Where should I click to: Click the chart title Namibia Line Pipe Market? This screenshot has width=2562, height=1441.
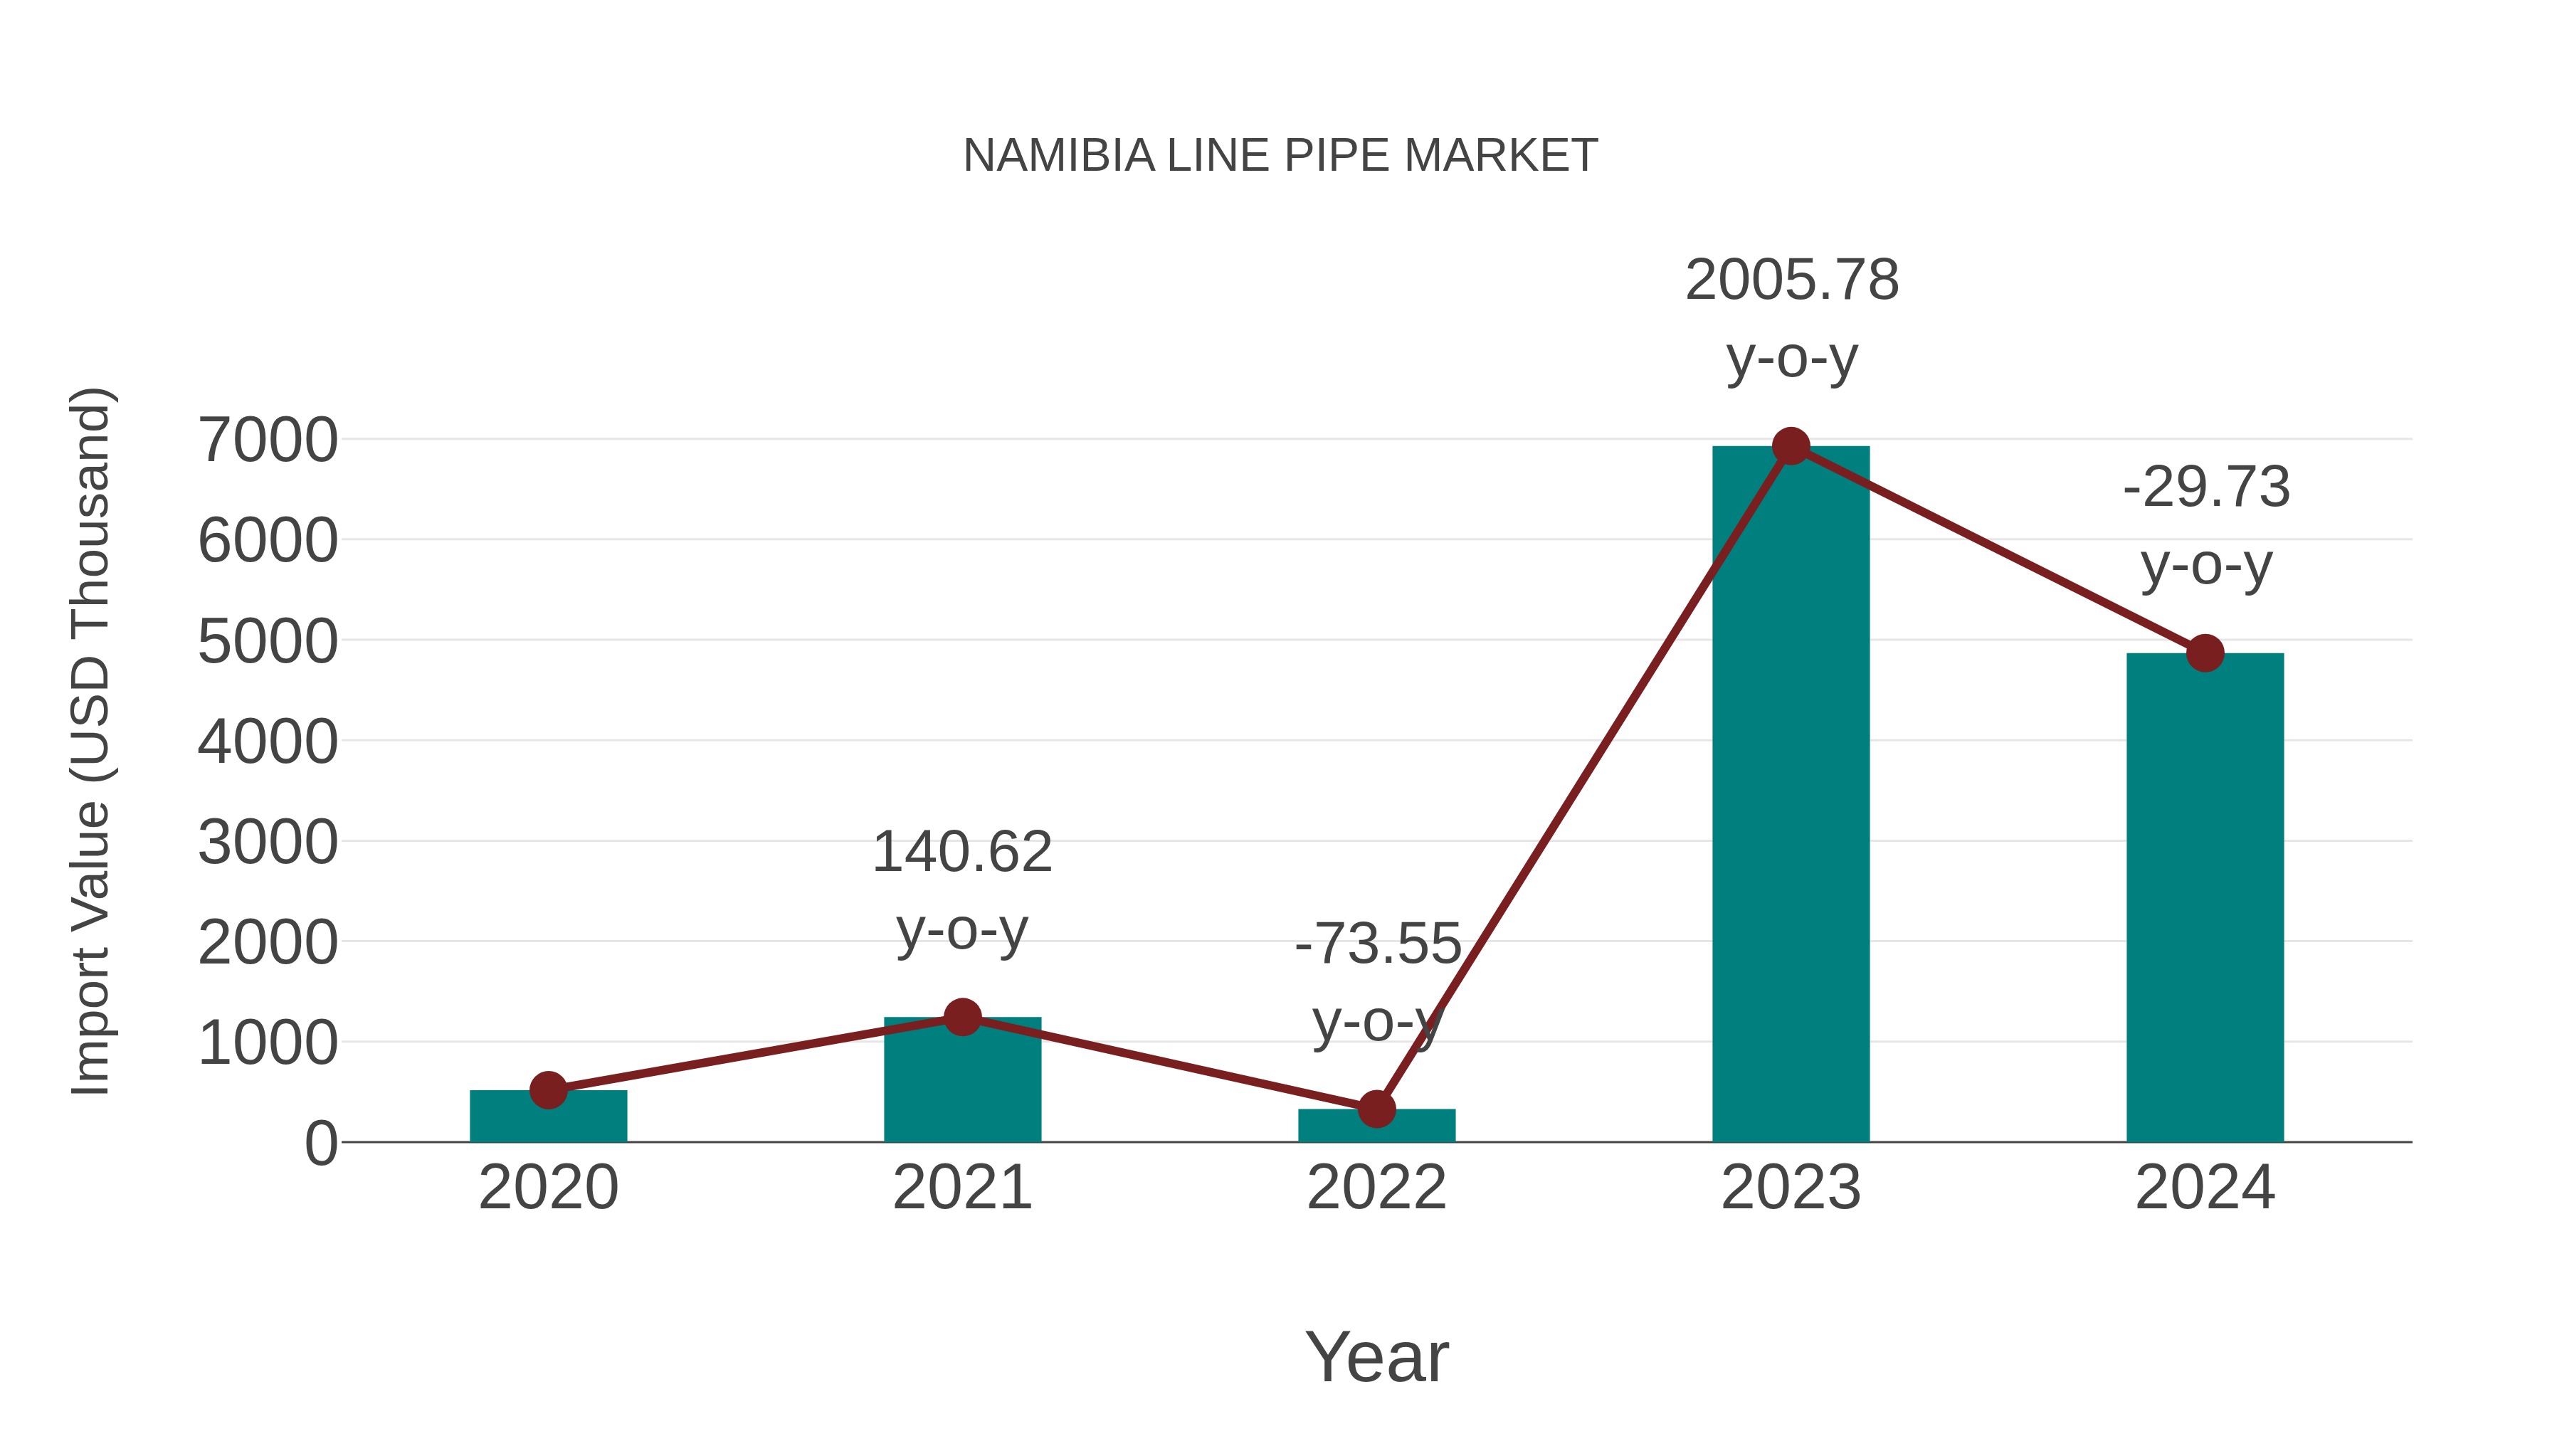click(x=1280, y=156)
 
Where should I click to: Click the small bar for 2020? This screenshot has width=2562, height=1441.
click(x=548, y=1118)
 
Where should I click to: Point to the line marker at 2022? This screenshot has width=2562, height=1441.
click(x=1376, y=1108)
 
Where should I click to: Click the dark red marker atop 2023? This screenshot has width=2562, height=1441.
click(x=1791, y=446)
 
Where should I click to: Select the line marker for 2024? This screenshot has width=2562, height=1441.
click(x=2205, y=653)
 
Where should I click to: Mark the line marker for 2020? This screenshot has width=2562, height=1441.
click(x=548, y=1090)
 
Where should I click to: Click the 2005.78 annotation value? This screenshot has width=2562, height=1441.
click(x=1792, y=280)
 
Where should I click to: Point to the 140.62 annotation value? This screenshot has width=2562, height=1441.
click(x=961, y=853)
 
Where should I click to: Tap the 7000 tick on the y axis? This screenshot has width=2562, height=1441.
click(x=268, y=440)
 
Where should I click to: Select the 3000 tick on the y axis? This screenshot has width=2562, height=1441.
click(x=268, y=843)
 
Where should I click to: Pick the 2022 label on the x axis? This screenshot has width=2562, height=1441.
click(x=1376, y=1188)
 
